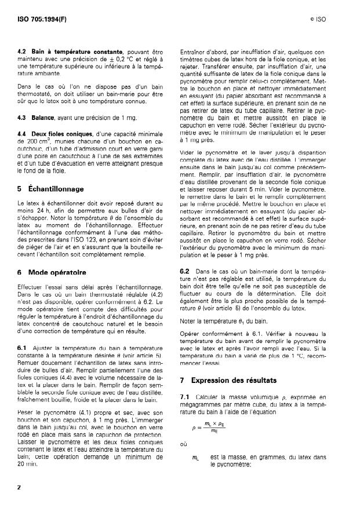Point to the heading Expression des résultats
246,380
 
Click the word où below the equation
184,445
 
